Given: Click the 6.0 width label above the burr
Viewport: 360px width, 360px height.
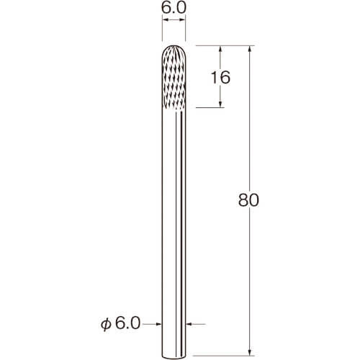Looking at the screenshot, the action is point(174,8).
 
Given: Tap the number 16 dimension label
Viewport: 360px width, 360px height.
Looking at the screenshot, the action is point(220,77).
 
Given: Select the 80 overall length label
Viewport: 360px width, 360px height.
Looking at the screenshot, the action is point(248,200).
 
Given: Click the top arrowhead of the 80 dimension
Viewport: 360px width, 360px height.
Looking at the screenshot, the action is point(250,49).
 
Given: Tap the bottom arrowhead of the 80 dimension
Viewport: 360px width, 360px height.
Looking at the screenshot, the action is point(250,352).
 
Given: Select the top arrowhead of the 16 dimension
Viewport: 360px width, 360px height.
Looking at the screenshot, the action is point(220,49).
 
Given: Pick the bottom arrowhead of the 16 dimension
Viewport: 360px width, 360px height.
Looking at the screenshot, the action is point(220,104).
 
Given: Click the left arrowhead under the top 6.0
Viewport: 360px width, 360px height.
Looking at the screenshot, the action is point(165,20).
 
